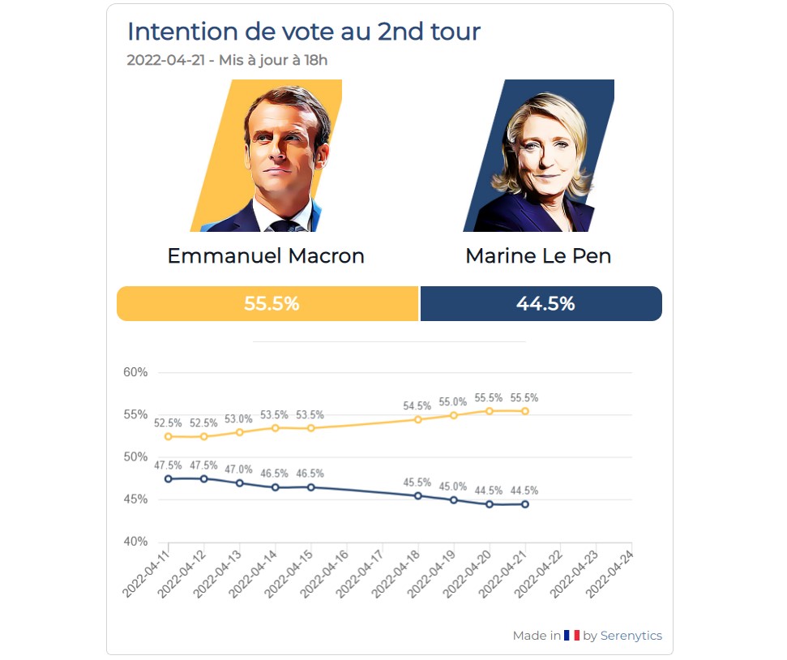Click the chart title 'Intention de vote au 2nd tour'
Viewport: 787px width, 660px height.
point(303,32)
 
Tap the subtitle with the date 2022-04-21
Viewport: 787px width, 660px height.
point(227,60)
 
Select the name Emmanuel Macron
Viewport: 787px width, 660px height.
point(266,256)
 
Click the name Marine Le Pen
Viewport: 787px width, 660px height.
point(538,256)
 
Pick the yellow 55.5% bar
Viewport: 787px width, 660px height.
point(267,304)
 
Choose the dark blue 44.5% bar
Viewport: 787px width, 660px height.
point(541,304)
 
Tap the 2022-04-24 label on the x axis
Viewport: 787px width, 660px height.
point(610,575)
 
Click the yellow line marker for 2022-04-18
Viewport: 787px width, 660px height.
point(418,419)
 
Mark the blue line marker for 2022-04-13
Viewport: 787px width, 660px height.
point(240,483)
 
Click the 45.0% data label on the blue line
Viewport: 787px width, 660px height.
point(454,486)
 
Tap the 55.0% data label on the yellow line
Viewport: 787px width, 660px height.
point(454,402)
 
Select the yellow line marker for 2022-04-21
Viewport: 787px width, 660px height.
point(525,411)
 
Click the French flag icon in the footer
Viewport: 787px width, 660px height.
point(571,636)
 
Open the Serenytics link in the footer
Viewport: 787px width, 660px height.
point(631,636)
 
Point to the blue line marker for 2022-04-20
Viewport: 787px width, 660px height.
point(490,504)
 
